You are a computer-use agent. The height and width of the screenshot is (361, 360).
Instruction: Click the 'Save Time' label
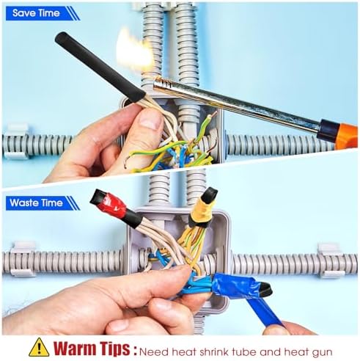(36, 13)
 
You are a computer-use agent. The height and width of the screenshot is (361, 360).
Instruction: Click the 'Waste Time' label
(36, 203)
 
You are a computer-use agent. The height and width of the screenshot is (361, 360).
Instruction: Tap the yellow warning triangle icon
(39, 347)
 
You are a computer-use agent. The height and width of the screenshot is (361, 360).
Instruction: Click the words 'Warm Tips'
(92, 348)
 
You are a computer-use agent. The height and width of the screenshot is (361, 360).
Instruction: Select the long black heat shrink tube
(100, 67)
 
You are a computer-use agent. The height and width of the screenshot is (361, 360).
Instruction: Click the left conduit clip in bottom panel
(23, 259)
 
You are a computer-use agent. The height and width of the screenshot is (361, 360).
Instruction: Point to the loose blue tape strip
(265, 313)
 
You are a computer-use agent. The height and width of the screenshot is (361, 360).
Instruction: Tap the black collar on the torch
(328, 129)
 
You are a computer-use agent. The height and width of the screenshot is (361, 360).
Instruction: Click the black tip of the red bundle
(97, 197)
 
